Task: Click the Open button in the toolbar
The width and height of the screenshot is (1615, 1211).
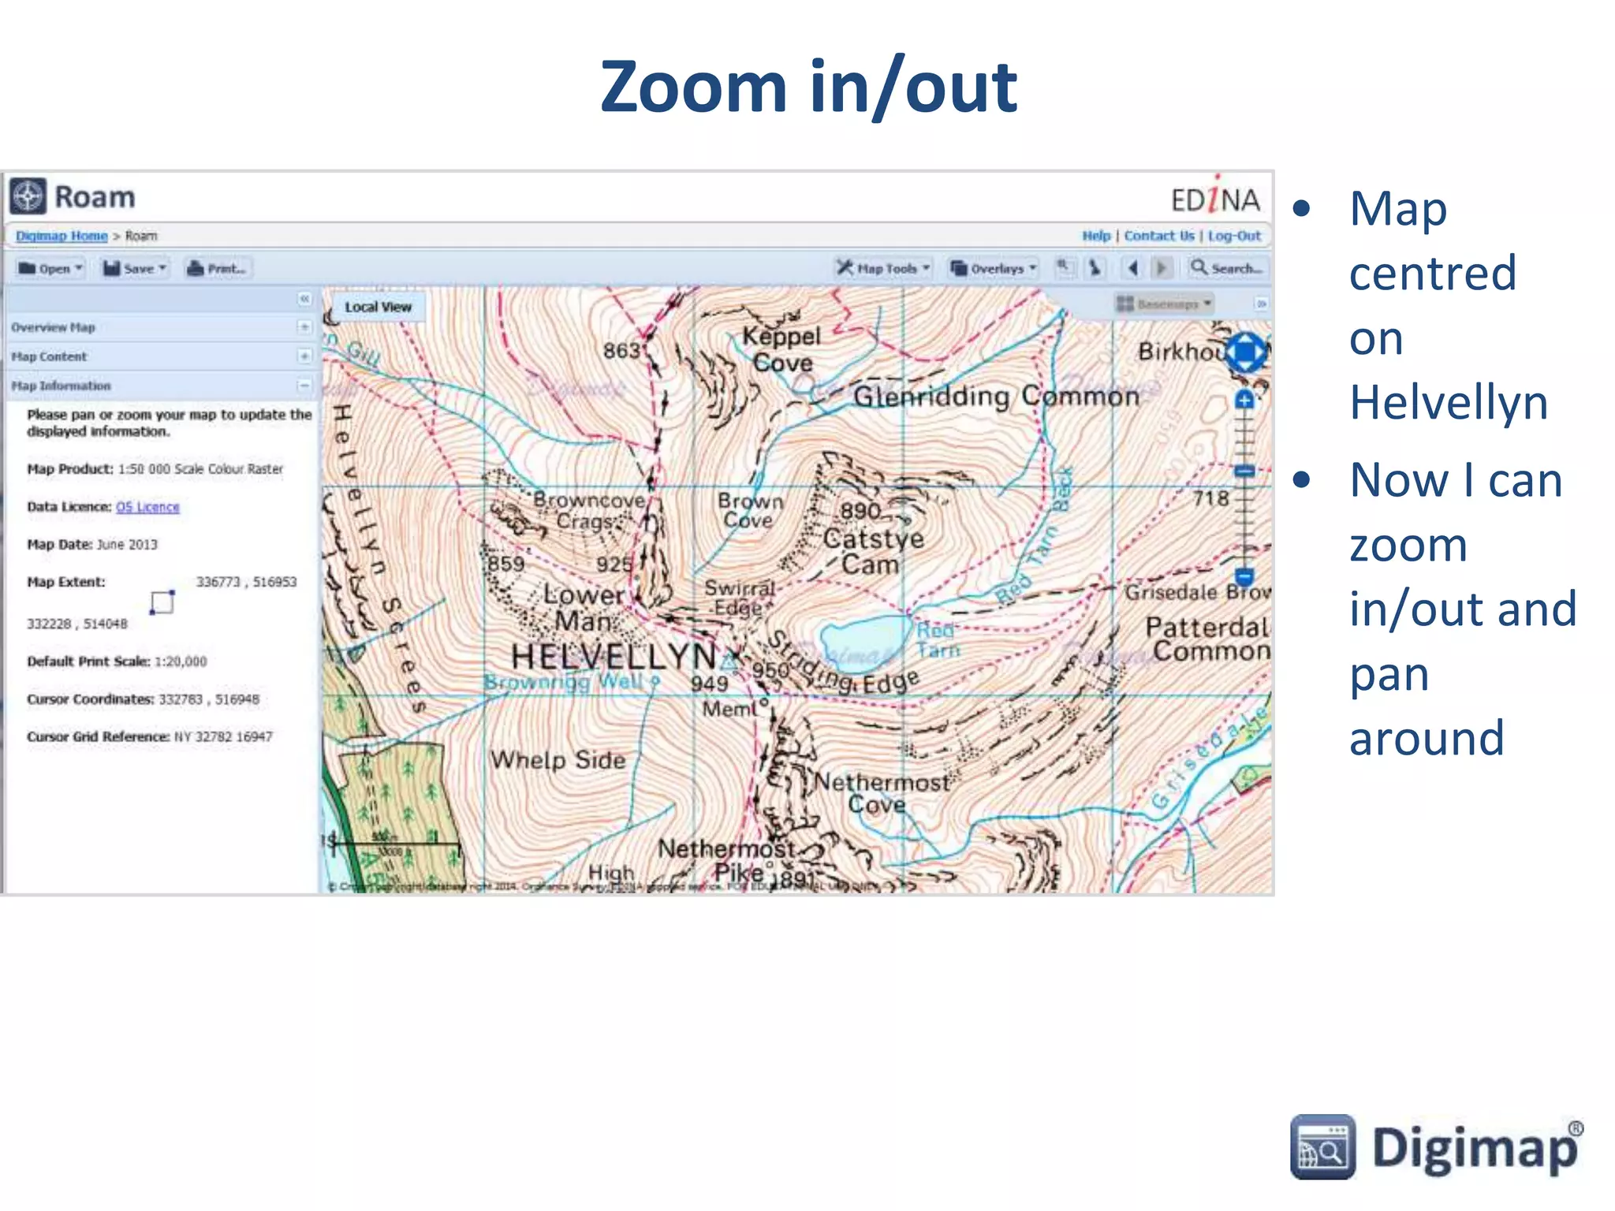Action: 50,269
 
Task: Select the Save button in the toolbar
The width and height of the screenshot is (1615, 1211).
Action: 135,269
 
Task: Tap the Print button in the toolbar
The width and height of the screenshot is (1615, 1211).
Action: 217,269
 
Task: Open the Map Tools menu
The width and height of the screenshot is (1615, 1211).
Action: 884,269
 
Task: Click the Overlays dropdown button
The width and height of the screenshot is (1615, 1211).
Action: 994,269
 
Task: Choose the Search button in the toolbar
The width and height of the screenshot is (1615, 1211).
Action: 1227,269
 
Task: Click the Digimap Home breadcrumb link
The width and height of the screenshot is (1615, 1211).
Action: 62,236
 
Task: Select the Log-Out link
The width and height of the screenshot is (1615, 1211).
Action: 1234,236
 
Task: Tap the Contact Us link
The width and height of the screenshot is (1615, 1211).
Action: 1158,236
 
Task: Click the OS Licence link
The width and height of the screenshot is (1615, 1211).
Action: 147,507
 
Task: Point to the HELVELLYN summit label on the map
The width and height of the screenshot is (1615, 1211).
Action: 614,656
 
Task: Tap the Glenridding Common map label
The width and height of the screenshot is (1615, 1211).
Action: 996,396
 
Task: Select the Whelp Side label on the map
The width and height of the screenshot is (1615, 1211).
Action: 558,760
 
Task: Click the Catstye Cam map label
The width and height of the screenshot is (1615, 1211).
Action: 871,551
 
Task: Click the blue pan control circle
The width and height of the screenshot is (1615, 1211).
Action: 1245,352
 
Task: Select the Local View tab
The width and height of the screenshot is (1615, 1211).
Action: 378,307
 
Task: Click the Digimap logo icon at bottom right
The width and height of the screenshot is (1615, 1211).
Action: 1322,1147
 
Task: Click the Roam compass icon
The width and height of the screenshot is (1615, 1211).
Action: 28,196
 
